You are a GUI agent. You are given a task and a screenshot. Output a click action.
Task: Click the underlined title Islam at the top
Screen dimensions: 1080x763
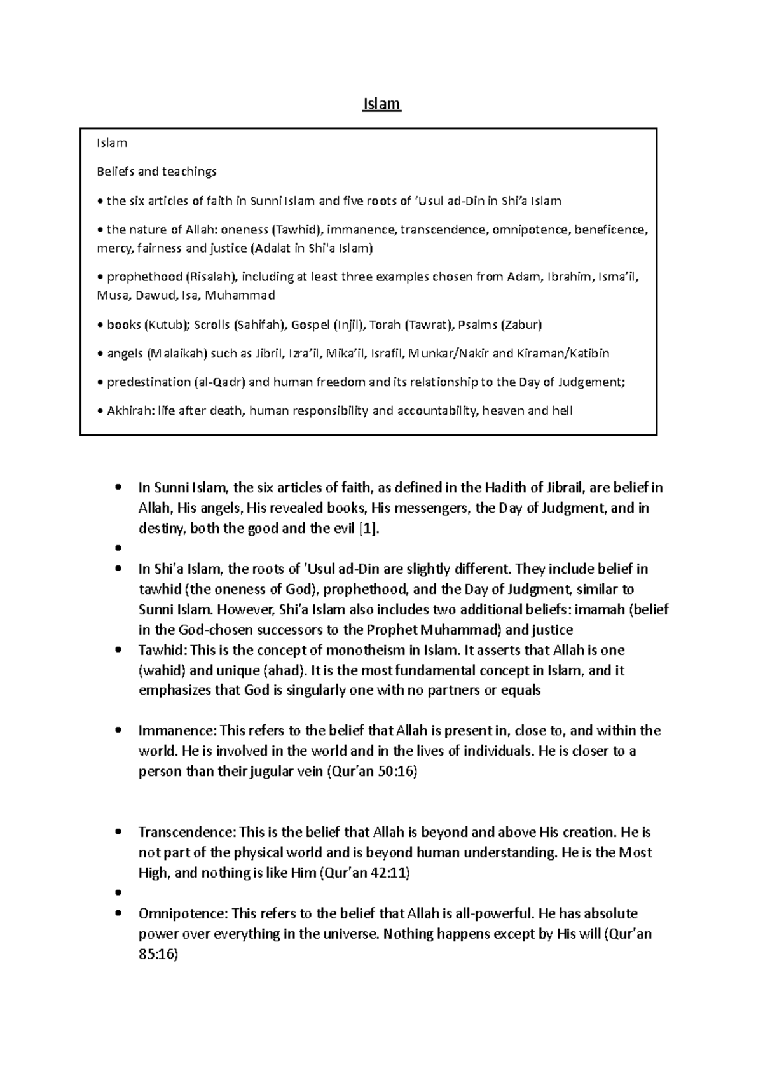coord(381,104)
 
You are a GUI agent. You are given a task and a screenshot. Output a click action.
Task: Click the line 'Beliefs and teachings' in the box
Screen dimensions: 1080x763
coord(156,171)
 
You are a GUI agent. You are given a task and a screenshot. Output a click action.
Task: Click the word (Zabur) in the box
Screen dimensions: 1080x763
coord(521,325)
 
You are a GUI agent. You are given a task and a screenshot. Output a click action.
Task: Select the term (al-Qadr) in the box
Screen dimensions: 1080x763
coord(220,382)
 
